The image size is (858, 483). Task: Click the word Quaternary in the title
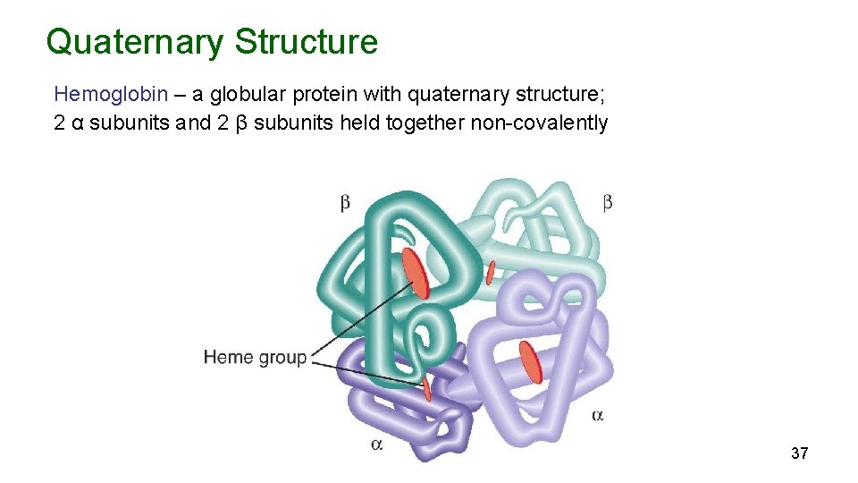click(135, 42)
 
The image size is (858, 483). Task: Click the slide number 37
click(799, 453)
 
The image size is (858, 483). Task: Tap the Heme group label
click(255, 358)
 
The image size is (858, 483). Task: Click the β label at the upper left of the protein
click(345, 204)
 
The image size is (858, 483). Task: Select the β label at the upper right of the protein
click(608, 203)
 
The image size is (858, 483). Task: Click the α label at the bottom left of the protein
click(376, 444)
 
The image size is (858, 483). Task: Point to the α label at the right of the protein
click(598, 415)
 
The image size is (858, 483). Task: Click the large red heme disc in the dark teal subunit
click(416, 273)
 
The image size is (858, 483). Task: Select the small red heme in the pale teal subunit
click(490, 271)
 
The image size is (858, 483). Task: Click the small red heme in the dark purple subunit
click(426, 387)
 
